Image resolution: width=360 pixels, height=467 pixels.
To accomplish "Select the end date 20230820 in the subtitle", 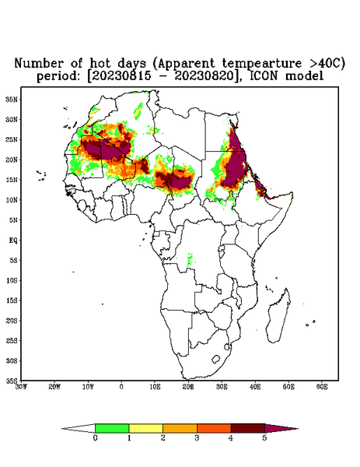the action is coord(204,76).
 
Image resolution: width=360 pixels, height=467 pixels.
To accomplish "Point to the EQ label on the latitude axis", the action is coord(13,240).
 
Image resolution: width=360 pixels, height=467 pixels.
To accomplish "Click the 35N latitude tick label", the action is coord(12,99).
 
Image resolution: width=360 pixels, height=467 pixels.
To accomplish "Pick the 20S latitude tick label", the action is coord(12,321).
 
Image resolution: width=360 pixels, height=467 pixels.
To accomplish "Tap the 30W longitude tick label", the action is coord(21,387).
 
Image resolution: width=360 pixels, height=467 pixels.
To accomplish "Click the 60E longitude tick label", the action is coord(322,387).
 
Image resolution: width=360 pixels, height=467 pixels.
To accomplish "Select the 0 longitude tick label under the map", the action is coord(121,387).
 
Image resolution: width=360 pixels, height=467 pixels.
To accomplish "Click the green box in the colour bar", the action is coord(112,428).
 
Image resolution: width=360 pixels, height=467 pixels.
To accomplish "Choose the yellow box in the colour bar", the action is coord(145,428).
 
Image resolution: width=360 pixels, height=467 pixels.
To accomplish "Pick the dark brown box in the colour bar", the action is coord(248,428).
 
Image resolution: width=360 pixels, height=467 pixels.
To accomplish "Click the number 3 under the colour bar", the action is coord(197,438).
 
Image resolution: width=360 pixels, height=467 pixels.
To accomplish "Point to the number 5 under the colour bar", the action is coord(264,438).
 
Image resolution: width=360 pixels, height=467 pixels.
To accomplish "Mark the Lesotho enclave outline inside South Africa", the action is coord(215,359).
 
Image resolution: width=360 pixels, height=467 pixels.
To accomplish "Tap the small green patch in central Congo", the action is coord(190,259).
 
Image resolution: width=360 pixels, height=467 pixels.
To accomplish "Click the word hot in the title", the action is coord(100,64).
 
